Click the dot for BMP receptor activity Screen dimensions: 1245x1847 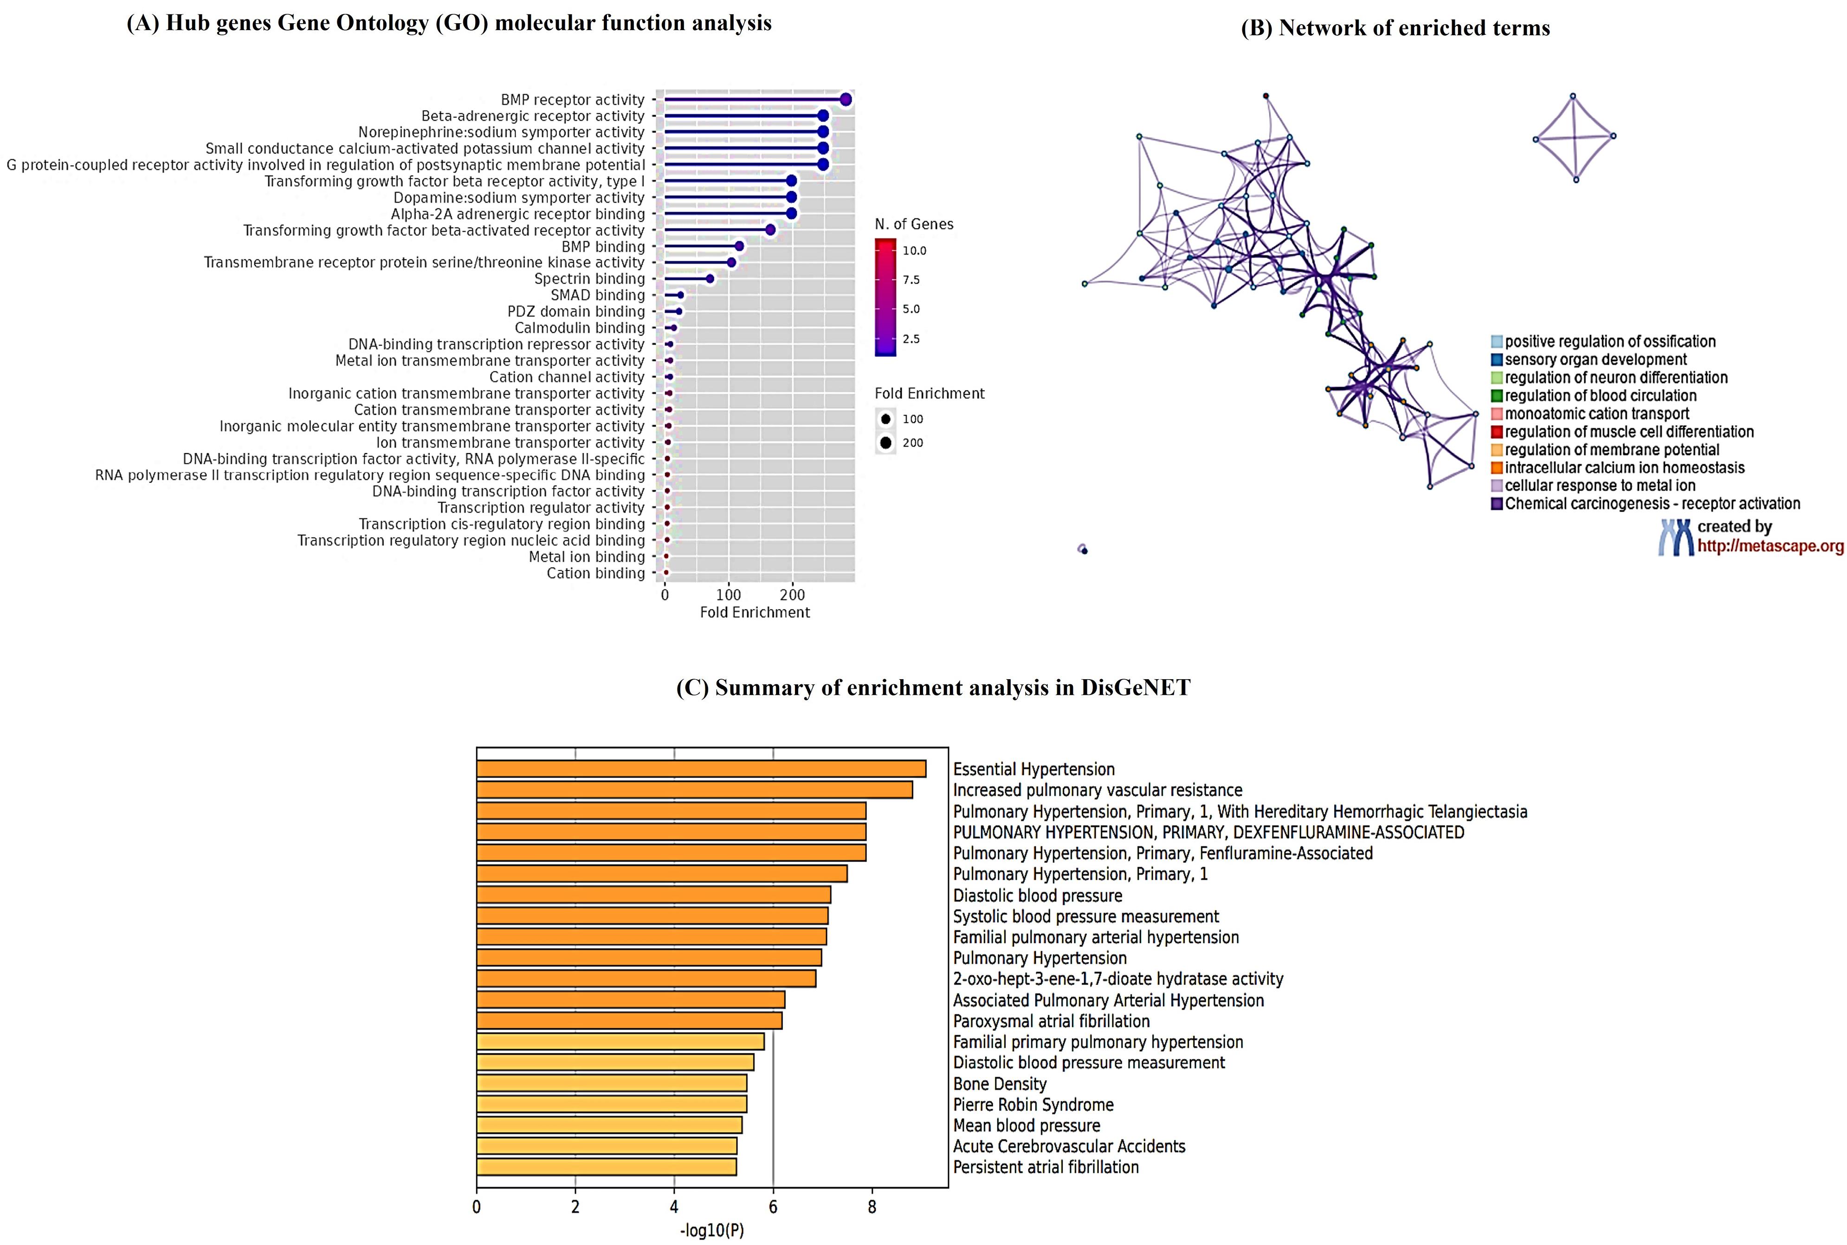pos(846,99)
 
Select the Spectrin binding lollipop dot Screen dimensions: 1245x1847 pos(710,279)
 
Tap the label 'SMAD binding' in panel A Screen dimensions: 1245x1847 pos(598,295)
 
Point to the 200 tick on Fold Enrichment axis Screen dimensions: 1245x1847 pos(792,595)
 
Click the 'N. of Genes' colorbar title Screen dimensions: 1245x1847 pos(914,225)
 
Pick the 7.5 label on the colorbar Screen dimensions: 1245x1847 pos(911,279)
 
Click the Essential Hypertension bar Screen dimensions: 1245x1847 pos(701,769)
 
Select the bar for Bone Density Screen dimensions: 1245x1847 pos(611,1083)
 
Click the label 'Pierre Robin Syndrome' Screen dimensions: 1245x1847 pos(1033,1104)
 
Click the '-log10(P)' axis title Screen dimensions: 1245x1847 pos(712,1231)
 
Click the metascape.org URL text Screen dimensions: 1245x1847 pos(1770,546)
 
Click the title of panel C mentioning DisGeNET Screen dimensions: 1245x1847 pos(933,687)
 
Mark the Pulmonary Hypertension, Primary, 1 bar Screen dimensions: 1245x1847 pos(661,874)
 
